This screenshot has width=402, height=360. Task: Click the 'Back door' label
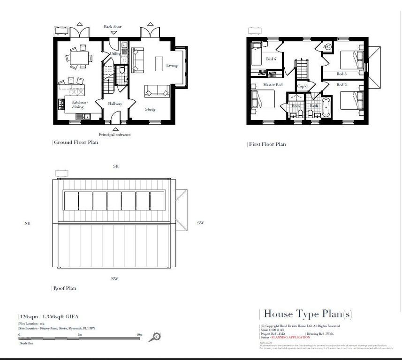pos(113,27)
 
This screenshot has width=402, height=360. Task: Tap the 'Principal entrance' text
pos(114,135)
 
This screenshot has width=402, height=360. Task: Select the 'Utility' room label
pos(115,54)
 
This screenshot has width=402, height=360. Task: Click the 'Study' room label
pos(150,110)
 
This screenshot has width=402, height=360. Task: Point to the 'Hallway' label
pos(115,104)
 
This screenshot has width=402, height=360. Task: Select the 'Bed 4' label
pos(271,59)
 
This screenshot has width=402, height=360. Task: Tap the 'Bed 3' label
pos(341,74)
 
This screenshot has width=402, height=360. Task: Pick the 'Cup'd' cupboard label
pos(302,86)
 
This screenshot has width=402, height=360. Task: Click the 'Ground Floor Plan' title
pos(76,142)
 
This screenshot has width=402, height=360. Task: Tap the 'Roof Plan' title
pos(65,288)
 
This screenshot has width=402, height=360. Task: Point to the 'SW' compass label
pos(200,223)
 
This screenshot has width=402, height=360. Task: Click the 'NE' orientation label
pos(27,224)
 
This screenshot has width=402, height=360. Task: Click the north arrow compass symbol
pos(157,337)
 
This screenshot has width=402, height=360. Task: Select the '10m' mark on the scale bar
pos(139,335)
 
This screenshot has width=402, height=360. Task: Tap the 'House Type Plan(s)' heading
pos(308,314)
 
